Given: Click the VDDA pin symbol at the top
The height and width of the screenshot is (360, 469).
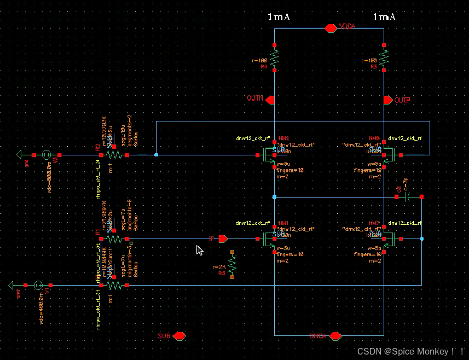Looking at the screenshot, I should pos(330,28).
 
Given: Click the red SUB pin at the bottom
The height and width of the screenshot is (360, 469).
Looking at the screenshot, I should pos(179,336).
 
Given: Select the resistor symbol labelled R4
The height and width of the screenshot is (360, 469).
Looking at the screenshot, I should pos(274,57).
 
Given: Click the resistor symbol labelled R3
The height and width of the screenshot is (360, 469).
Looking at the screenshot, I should pos(384,57).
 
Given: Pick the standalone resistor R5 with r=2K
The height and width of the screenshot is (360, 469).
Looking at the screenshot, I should pos(232,265).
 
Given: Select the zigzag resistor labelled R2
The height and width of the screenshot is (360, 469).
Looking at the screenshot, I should pos(114,155).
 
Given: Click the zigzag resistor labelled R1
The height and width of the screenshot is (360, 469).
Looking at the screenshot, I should pos(114,239).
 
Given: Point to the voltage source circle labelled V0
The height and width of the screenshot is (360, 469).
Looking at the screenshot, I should pos(47,155).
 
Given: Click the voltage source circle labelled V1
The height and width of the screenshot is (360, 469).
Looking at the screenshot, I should pos(38,285).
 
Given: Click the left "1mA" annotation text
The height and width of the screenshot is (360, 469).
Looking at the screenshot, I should pos(279,17).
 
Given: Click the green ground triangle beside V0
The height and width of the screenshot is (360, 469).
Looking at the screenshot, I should pos(21,155).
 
